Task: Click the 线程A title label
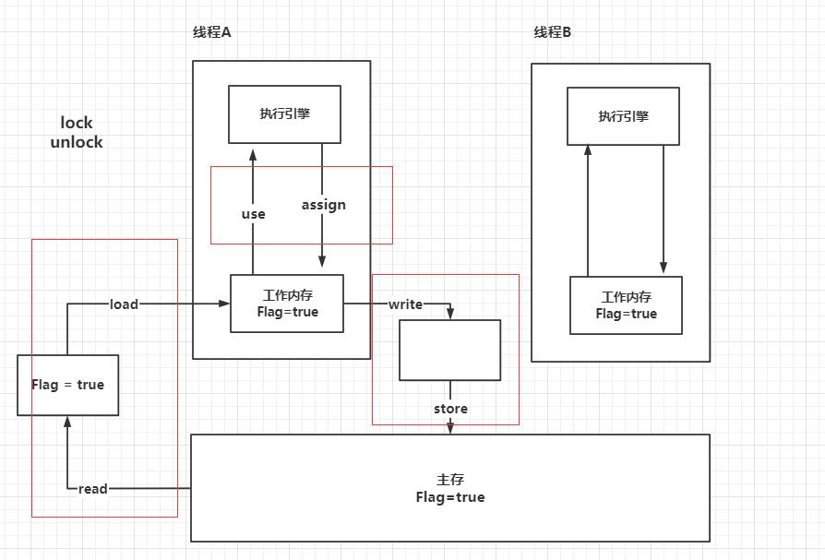(211, 32)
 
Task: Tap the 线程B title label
(552, 32)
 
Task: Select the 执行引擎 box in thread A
(285, 114)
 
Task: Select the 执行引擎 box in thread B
(624, 116)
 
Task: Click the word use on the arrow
(253, 214)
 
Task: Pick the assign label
(323, 205)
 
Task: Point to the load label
(124, 304)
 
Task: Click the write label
(405, 304)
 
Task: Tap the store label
(450, 409)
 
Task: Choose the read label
(92, 489)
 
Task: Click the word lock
(77, 123)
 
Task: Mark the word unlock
(77, 142)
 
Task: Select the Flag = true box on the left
(67, 385)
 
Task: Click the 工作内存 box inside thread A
(286, 304)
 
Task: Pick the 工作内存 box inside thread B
(626, 305)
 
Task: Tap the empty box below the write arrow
(449, 350)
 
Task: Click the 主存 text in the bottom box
(449, 480)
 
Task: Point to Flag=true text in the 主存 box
(449, 497)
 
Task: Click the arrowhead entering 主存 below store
(450, 428)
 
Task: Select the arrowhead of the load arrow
(223, 304)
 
